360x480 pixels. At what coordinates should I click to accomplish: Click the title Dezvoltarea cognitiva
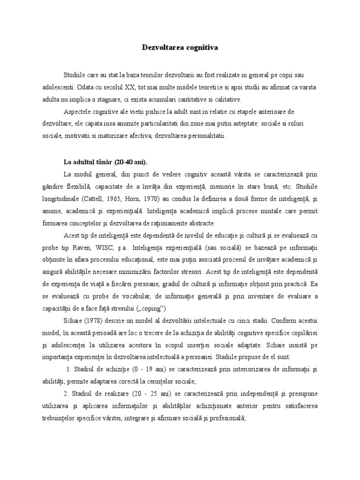pyautogui.click(x=180, y=47)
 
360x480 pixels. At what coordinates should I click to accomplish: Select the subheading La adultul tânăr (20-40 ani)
pyautogui.click(x=105, y=162)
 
